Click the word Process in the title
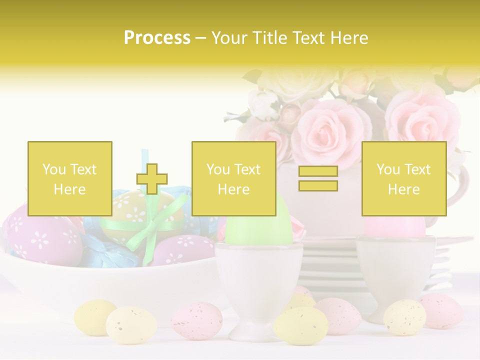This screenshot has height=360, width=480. [157, 38]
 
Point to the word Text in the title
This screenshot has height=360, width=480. [309, 38]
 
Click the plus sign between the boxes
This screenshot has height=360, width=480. [152, 178]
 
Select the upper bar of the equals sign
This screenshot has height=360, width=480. [318, 171]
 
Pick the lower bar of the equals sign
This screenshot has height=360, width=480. [318, 185]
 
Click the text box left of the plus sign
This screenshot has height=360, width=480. [70, 178]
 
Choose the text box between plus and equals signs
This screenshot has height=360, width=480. [233, 178]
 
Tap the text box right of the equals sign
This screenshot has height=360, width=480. [403, 178]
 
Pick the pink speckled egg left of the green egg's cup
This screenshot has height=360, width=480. [196, 320]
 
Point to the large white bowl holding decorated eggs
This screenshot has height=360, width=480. [100, 285]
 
